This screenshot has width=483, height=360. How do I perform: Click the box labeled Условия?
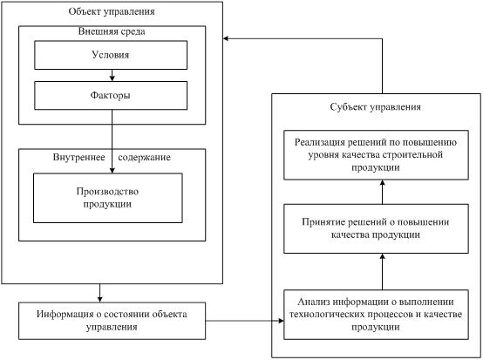tap(111, 55)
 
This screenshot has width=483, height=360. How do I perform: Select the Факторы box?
tap(111, 96)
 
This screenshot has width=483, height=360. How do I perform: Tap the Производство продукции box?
tap(108, 198)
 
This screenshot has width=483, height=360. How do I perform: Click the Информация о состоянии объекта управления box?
tap(112, 321)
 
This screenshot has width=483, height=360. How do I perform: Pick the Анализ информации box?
tap(376, 315)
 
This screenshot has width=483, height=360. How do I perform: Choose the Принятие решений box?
tap(376, 228)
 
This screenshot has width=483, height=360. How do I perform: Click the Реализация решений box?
tap(376, 155)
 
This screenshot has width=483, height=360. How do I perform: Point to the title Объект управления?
tap(112, 11)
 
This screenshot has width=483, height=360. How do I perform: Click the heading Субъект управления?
tap(376, 107)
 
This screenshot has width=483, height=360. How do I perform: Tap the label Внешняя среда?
tap(112, 31)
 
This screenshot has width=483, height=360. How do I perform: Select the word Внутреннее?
tap(78, 158)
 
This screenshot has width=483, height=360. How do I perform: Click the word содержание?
tap(144, 158)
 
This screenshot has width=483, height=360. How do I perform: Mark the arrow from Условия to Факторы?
tap(112, 76)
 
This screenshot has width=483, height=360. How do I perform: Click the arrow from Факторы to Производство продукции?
tap(112, 141)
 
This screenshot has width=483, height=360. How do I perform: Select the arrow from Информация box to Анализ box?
tap(245, 321)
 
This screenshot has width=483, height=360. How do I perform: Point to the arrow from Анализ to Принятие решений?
tap(382, 272)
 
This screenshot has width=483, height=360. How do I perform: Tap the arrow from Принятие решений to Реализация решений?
tap(382, 192)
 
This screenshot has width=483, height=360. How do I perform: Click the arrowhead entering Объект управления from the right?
tap(226, 38)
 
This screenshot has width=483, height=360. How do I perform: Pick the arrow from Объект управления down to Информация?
tap(99, 293)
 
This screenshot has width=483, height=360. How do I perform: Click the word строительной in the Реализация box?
tap(412, 154)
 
